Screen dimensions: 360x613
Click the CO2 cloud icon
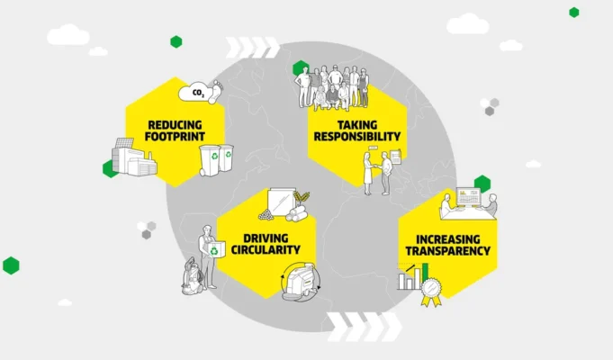tap(194, 92)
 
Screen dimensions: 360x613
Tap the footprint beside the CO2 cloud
tap(214, 91)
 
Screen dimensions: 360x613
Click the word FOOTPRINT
tap(172, 136)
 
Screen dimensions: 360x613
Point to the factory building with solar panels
tap(133, 159)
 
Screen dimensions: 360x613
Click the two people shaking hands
tap(378, 171)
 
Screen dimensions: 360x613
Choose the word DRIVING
tap(264, 235)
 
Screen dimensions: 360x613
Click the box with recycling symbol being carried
tap(215, 250)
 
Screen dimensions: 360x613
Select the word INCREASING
tap(447, 238)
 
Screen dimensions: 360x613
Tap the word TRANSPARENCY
tap(447, 251)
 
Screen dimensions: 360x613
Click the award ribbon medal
tap(430, 291)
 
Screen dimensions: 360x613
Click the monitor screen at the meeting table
tap(469, 196)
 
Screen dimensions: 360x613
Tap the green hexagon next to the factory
tap(109, 168)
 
